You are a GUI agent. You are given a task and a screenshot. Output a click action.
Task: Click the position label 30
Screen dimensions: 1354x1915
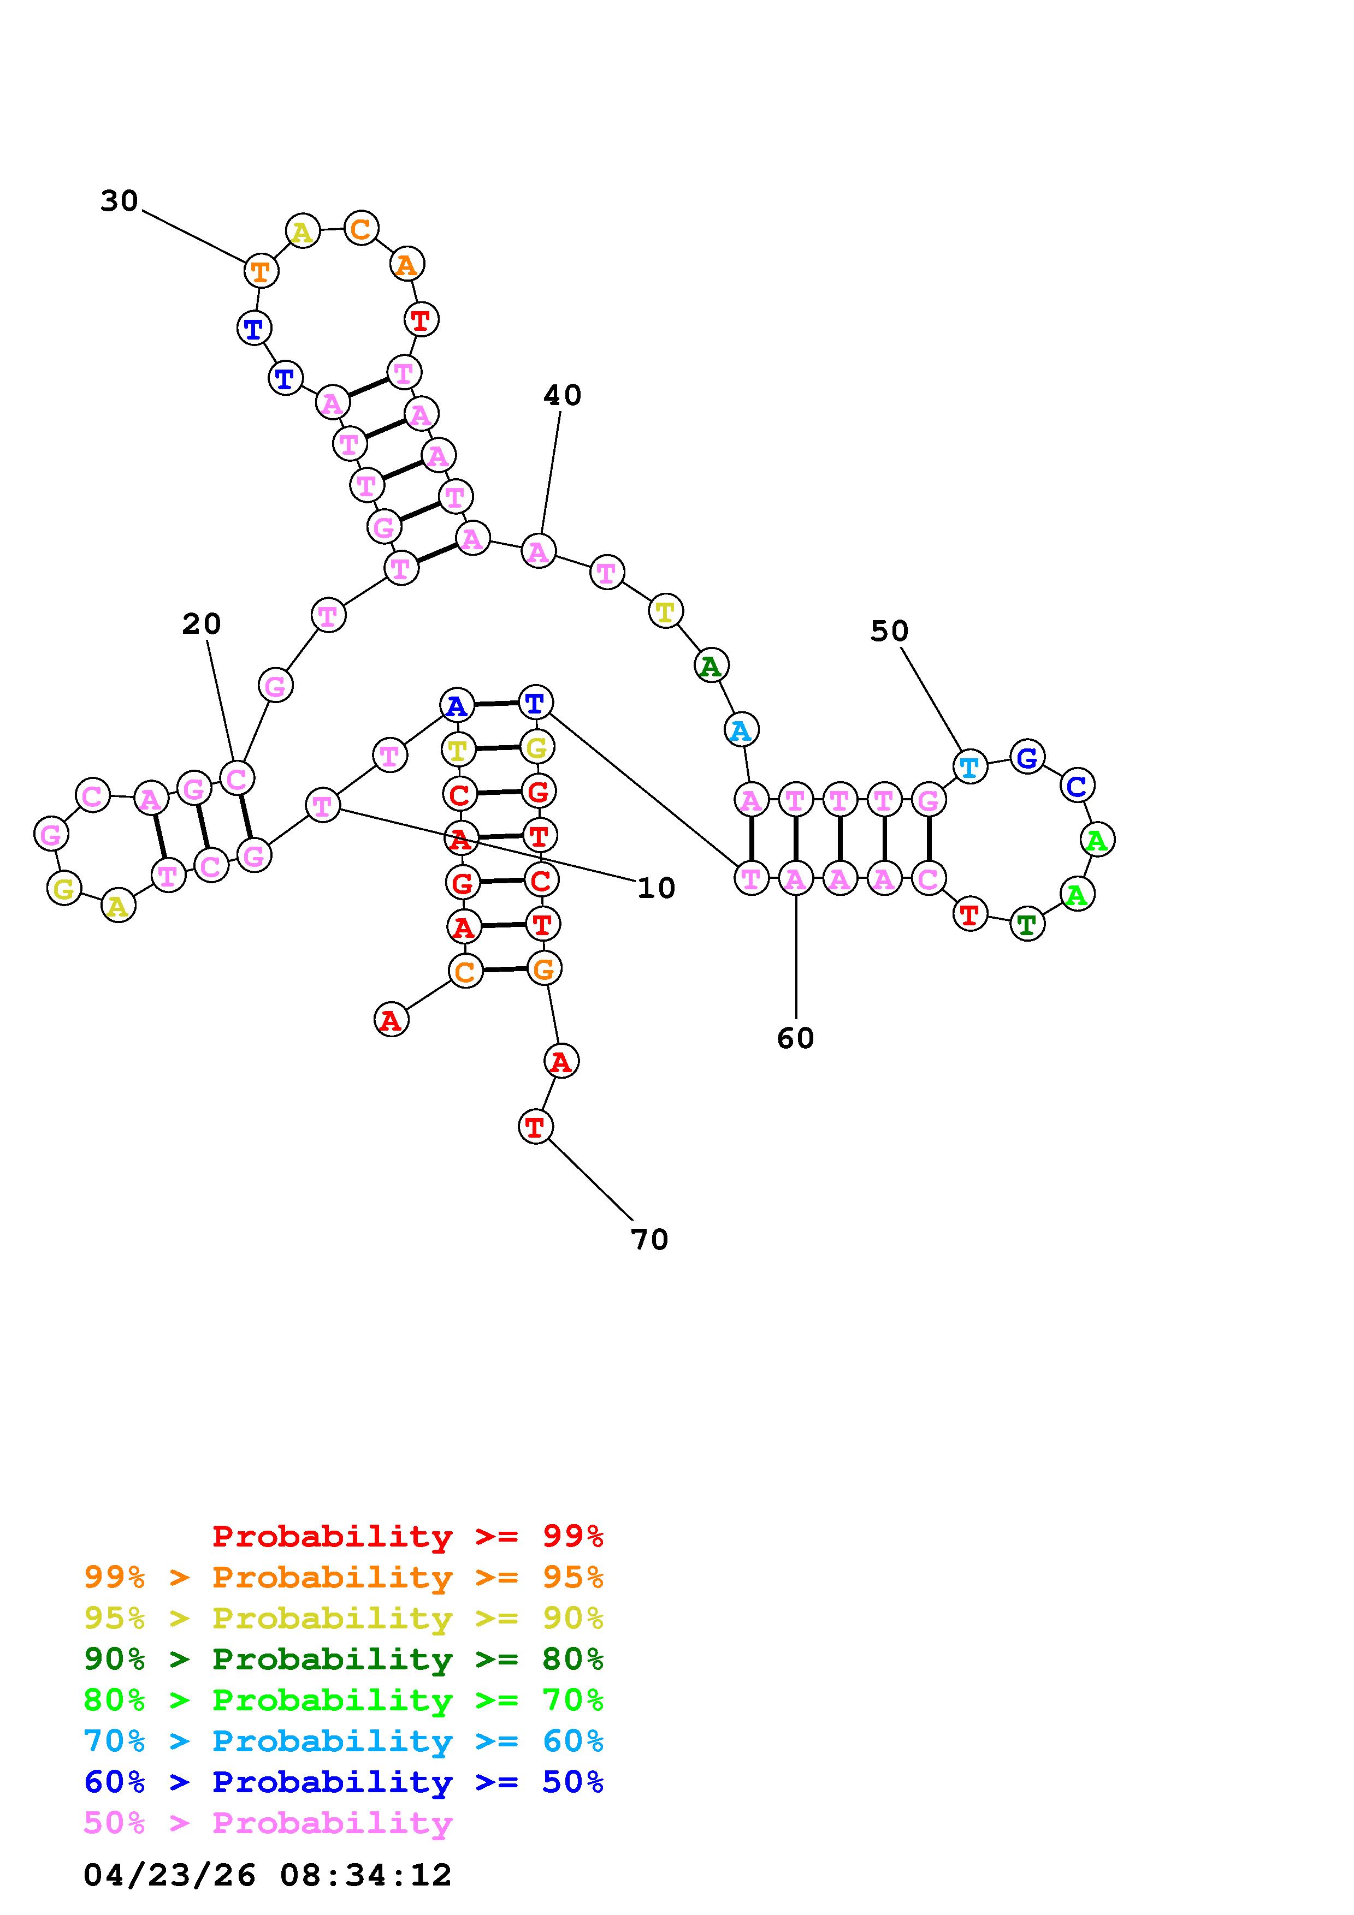(119, 201)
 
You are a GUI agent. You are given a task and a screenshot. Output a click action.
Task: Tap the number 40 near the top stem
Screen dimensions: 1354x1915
(562, 395)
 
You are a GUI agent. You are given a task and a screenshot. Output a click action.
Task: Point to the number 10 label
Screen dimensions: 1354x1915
(656, 888)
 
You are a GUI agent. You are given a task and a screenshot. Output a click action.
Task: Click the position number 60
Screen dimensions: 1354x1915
(795, 1038)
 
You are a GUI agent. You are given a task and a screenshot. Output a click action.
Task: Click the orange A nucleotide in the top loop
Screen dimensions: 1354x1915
(407, 264)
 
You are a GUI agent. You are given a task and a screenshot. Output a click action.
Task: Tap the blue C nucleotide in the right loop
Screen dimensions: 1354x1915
(1077, 785)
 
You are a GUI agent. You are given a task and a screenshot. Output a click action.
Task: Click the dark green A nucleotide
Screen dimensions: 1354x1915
(711, 665)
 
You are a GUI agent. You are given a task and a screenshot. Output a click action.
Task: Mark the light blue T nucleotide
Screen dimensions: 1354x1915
(969, 766)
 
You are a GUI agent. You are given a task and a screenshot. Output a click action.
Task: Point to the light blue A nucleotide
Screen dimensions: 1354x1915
(741, 730)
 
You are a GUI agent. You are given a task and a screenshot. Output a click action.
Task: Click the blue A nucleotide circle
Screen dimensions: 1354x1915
(456, 706)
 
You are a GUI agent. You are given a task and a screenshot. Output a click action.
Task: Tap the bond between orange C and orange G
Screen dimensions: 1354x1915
(505, 969)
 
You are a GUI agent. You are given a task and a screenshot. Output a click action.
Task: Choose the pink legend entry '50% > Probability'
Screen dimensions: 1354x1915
(268, 1822)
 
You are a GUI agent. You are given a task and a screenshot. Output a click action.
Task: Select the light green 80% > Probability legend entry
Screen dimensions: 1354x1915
(344, 1700)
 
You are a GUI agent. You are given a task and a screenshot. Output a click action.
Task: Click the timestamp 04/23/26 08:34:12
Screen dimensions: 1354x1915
(268, 1875)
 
